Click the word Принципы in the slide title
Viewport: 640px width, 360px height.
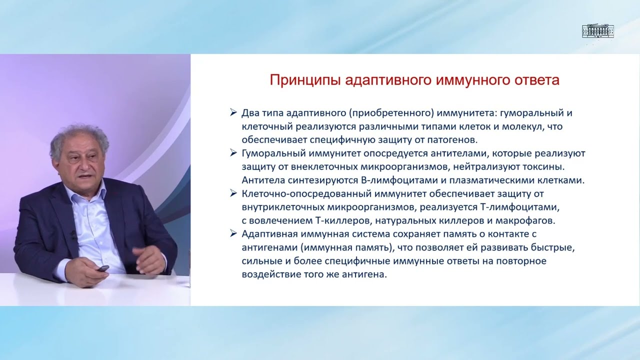pyautogui.click(x=305, y=80)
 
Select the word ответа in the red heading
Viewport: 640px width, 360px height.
pyautogui.click(x=536, y=80)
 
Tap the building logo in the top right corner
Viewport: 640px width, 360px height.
pyautogui.click(x=597, y=31)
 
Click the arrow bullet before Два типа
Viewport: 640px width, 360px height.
pyautogui.click(x=233, y=113)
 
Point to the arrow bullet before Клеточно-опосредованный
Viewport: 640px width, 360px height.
pyautogui.click(x=233, y=193)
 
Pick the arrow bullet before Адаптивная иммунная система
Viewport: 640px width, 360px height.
pyautogui.click(x=233, y=233)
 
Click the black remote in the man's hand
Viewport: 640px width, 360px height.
pyautogui.click(x=102, y=268)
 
